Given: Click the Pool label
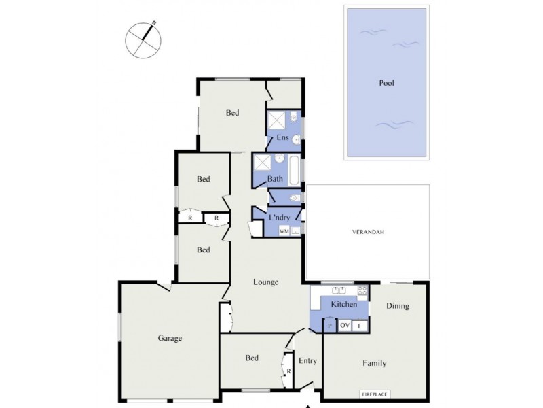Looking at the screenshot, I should coord(387,84).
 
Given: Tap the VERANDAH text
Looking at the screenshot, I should coord(368,232).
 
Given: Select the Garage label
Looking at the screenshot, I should coord(170,338).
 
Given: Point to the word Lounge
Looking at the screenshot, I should coord(266,282).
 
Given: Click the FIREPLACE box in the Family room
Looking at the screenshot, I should coord(375,394).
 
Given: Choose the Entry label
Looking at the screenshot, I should coord(307,361).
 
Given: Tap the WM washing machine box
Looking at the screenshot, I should coord(284,231).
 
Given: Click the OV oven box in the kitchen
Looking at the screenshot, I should coord(344,326).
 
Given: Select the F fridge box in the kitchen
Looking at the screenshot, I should coord(360,326).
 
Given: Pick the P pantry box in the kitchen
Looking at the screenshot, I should coord(329,326).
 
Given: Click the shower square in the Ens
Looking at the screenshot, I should coord(276,121).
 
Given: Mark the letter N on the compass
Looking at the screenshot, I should coord(155,24).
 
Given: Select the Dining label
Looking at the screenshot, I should coord(398,306).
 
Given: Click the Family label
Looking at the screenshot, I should coord(374,363).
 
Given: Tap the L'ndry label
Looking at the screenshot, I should coord(280,218).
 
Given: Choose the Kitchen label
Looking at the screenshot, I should coord(343,305).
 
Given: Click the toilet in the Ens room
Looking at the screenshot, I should coord(297,139).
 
